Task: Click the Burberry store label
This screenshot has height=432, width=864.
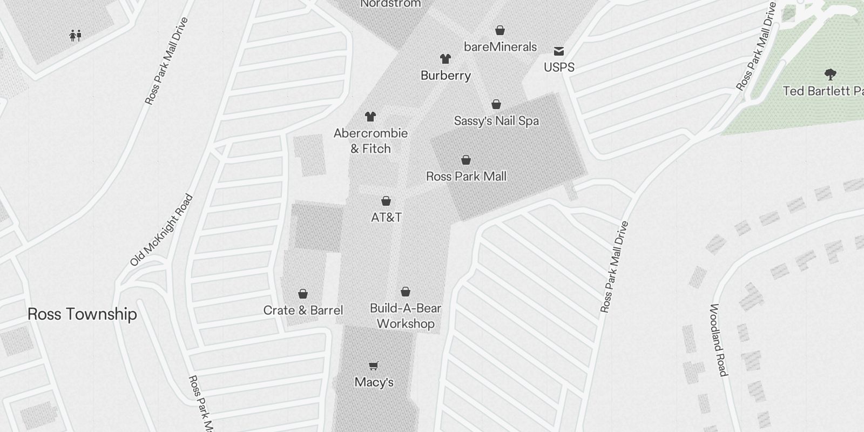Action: point(446,76)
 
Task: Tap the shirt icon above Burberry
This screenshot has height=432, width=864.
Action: point(445,58)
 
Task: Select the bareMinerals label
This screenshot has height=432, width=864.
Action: point(501,47)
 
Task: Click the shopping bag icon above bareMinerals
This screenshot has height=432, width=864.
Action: point(500,30)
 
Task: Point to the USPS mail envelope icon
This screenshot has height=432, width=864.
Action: point(559,51)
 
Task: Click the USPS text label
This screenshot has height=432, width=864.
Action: point(559,67)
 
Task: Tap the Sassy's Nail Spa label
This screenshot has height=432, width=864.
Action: point(496,121)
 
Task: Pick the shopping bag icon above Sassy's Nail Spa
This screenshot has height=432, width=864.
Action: point(496,104)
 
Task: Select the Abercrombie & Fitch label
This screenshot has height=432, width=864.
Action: point(370,141)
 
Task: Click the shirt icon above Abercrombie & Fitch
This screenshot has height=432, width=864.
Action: point(370,116)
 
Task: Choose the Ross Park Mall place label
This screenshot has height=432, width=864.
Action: point(466,177)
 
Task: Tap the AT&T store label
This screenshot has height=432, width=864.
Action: point(386,218)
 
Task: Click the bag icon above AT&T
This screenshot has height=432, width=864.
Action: point(386,201)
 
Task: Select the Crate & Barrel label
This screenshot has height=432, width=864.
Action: point(303,310)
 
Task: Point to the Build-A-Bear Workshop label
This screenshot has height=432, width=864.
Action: point(406,316)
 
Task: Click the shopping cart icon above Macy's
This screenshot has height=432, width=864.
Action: point(374,366)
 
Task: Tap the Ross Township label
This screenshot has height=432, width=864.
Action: point(82,314)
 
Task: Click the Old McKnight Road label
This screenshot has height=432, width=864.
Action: point(161,231)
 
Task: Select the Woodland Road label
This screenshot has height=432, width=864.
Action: point(718,340)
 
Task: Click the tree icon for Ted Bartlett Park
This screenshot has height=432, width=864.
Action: point(830,74)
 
